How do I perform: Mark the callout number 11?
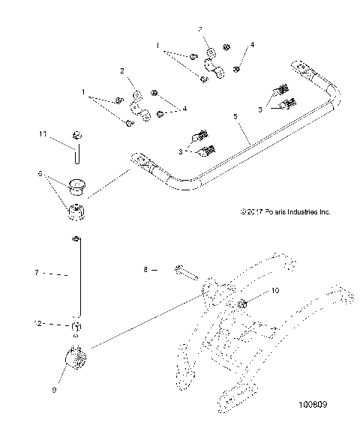[43, 133]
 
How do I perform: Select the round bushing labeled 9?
[78, 359]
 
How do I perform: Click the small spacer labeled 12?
[76, 325]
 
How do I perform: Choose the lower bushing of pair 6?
[77, 213]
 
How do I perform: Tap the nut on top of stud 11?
[76, 135]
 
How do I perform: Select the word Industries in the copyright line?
[295, 212]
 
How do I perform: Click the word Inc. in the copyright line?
[323, 212]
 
